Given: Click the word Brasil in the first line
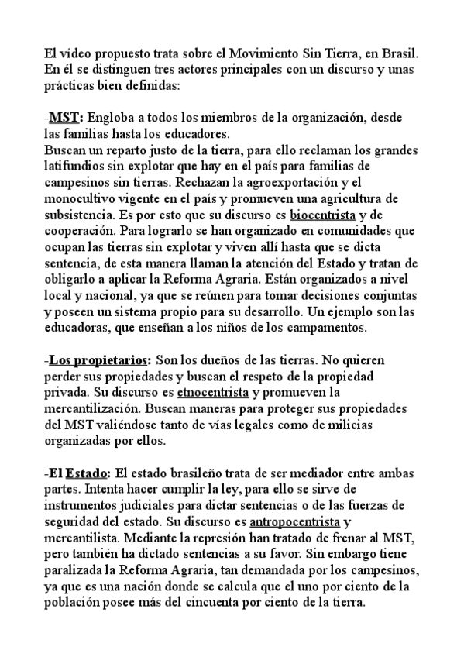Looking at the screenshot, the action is point(399,53).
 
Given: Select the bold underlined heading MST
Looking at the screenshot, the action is point(66,118).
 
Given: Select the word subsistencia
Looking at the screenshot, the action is point(83,215).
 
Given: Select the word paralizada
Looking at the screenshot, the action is point(75,569).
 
